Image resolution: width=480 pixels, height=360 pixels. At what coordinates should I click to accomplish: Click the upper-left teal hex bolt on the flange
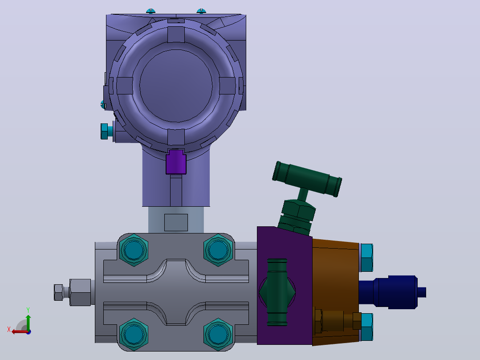134,250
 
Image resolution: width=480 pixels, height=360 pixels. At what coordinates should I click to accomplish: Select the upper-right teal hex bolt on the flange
218,250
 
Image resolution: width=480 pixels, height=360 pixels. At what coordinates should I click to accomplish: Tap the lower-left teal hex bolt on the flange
134,334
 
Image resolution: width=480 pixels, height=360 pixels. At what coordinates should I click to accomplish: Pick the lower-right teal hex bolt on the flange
218,334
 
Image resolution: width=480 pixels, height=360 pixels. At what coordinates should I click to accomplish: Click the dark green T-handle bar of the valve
307,179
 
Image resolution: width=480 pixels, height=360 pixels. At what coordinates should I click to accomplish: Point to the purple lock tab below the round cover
176,162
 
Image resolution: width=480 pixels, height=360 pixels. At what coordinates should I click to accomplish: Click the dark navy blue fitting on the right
392,292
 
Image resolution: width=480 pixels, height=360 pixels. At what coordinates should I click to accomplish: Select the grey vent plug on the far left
73,292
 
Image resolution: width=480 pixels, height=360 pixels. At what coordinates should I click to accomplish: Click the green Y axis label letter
28,310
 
